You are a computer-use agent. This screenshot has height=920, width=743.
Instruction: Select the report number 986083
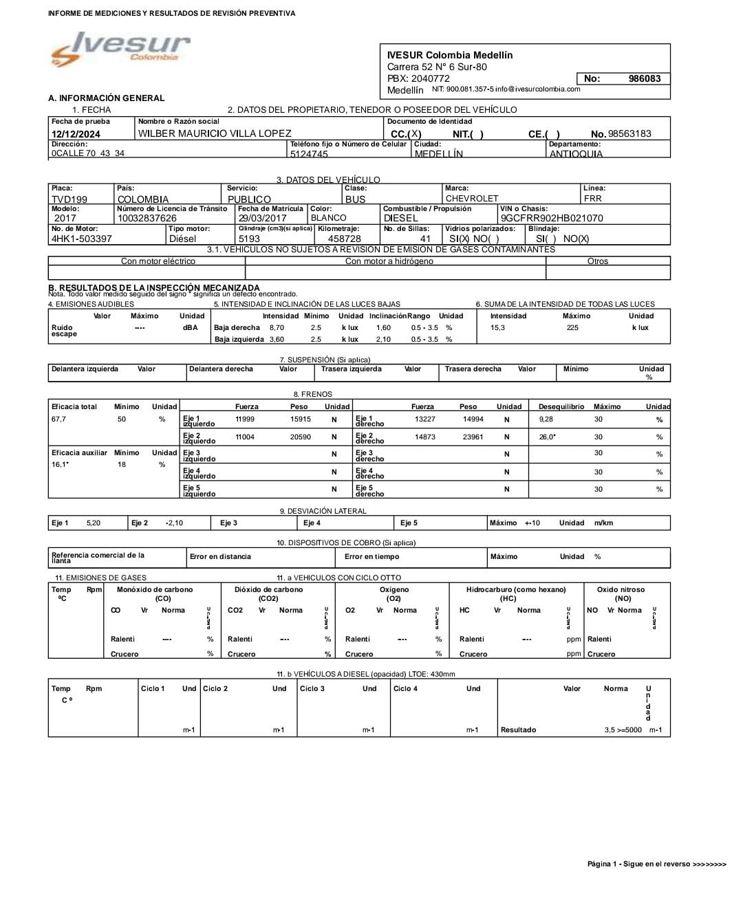644,79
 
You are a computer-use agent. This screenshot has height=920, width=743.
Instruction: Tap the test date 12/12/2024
76,134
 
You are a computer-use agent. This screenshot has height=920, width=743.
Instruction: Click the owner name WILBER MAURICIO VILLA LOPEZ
215,133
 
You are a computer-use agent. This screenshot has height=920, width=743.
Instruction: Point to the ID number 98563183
629,133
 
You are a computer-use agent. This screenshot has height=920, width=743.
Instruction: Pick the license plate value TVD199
69,199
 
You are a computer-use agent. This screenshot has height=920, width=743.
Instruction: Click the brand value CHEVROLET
472,199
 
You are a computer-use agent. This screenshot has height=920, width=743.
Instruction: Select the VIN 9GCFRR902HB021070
552,218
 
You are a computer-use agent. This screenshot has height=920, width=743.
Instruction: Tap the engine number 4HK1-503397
81,239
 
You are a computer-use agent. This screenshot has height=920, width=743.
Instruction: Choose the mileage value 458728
344,239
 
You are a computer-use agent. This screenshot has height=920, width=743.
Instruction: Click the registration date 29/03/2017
262,218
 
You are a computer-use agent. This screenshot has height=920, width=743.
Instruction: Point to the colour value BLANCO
329,218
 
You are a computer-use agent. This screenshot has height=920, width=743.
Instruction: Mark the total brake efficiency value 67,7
58,419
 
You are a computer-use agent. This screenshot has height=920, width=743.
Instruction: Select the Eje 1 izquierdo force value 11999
245,419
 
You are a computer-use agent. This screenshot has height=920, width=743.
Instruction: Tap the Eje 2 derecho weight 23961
473,437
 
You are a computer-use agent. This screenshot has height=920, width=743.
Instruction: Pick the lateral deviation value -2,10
174,523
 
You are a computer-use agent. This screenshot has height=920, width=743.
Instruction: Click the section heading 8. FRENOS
316,395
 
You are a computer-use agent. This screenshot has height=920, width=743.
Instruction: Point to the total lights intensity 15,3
497,328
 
